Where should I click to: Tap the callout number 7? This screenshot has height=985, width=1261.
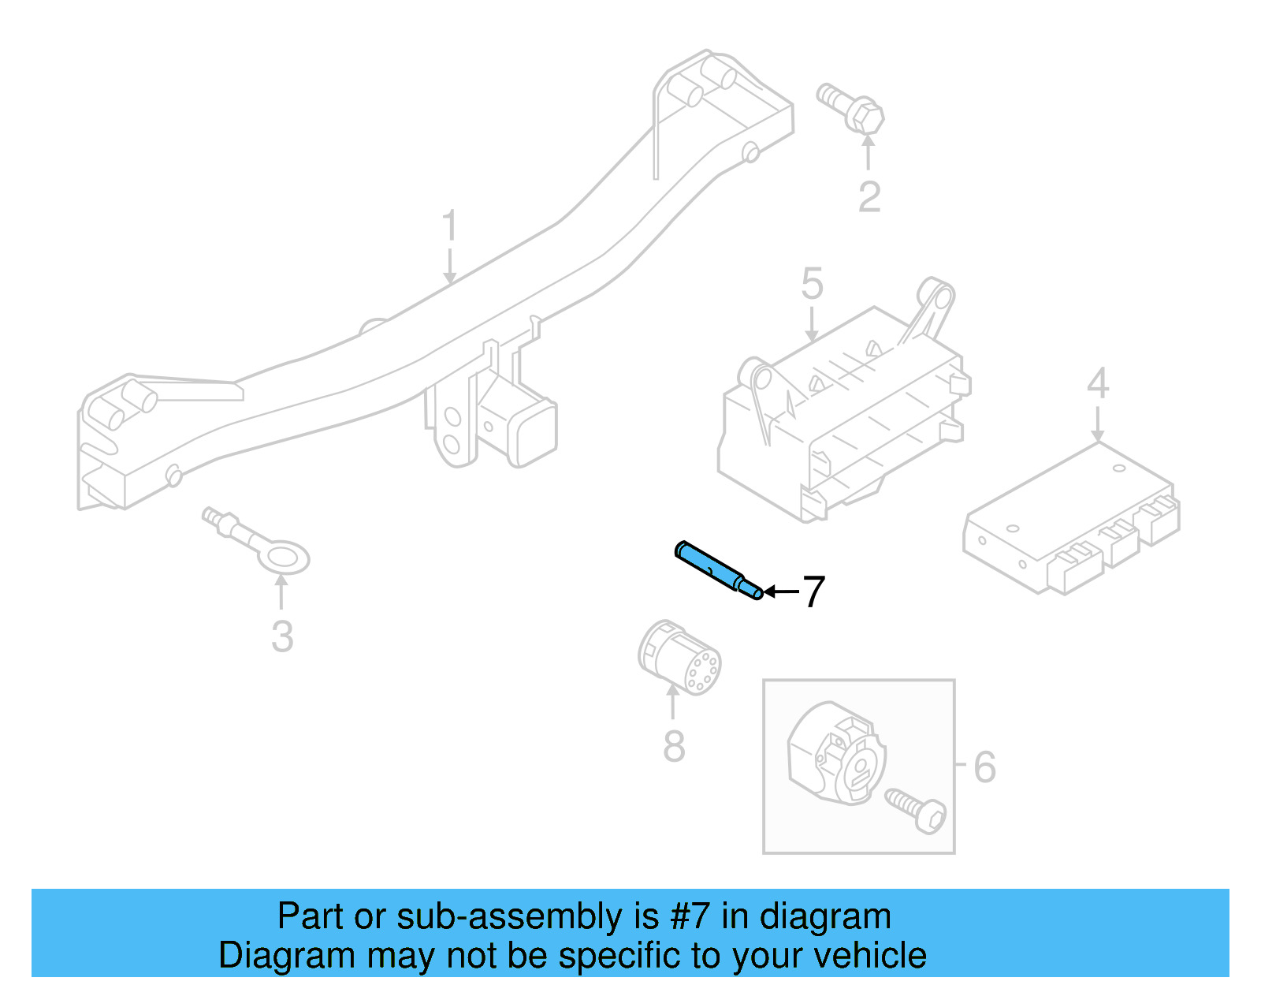pos(813,591)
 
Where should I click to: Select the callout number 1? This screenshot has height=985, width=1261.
pos(449,226)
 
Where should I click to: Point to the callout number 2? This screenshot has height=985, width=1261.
pos(869,197)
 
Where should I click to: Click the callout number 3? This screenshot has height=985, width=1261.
pos(282,636)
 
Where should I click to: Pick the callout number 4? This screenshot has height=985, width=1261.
pos(1098,384)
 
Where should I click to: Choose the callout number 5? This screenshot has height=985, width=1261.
pos(812,284)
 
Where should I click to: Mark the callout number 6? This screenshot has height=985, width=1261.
pos(984,767)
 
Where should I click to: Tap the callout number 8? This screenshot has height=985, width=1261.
pos(674,746)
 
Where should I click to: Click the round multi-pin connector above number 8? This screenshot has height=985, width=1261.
pos(679,658)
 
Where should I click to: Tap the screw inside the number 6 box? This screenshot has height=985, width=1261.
pos(917,810)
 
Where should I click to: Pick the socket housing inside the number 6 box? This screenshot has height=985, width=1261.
pos(835,754)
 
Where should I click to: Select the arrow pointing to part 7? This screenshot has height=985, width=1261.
pos(780,591)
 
